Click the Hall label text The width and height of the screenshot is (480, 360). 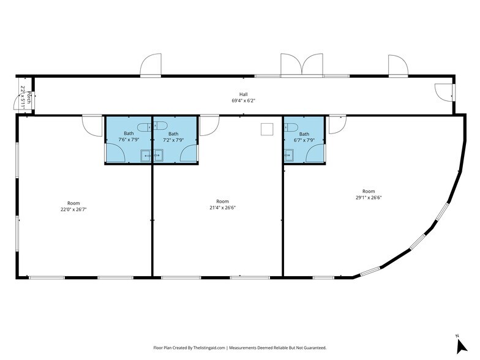pos(244,94)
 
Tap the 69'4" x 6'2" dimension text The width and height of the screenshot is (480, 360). pos(244,100)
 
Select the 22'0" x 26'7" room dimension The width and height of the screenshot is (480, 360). pos(73,209)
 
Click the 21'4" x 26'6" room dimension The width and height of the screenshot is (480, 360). pos(223,208)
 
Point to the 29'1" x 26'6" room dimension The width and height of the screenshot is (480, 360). pos(369,197)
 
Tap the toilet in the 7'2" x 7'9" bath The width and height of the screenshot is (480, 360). pos(159,126)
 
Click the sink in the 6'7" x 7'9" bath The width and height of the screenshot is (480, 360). pos(288,155)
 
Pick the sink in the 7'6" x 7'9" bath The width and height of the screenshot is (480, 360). pos(146,156)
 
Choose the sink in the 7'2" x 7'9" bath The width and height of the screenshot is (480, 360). pos(158,156)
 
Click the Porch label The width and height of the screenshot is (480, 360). pos(29,97)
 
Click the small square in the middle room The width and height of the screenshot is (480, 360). pos(267,129)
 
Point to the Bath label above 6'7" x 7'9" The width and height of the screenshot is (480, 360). pos(304,134)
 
